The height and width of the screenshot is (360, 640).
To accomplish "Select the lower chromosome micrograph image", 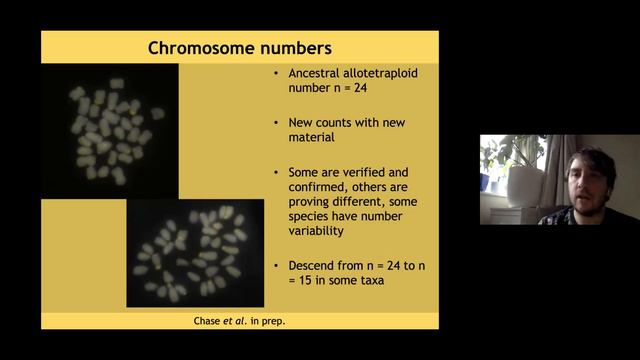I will pyautogui.click(x=196, y=252).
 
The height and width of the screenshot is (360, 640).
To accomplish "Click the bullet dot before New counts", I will pyautogui.click(x=276, y=122).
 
